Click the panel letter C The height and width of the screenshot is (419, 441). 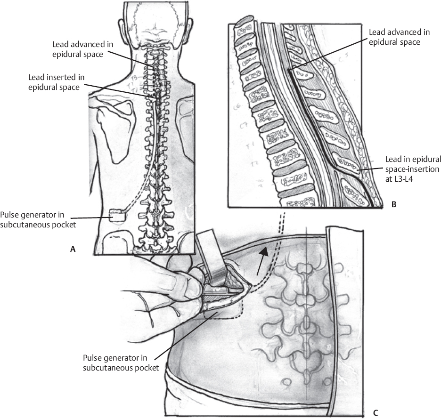click(376, 413)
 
